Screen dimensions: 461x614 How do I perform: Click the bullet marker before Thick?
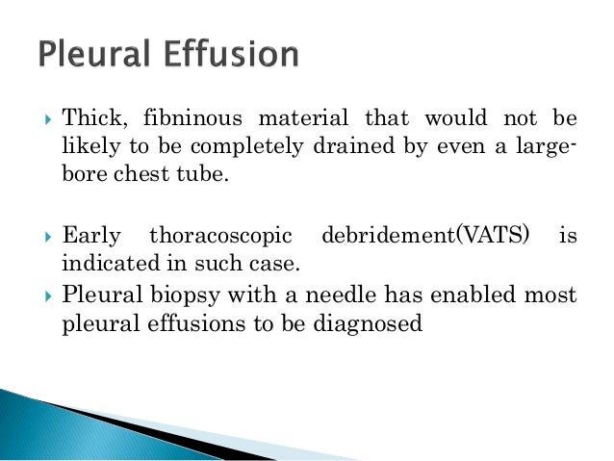point(42,119)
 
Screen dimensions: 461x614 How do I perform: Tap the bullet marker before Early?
point(42,234)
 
